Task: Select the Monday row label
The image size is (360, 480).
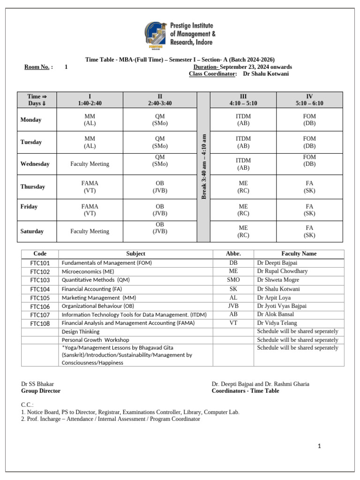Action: [31, 120]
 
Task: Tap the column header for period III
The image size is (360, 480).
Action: [243, 100]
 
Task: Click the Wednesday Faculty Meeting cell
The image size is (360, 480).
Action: [90, 164]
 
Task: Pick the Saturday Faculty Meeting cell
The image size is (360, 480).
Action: [90, 231]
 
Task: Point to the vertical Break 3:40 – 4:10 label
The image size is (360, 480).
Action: [203, 166]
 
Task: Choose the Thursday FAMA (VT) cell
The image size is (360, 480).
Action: [90, 187]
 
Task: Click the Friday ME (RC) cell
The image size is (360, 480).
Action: [243, 210]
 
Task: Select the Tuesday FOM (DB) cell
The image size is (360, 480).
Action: [309, 142]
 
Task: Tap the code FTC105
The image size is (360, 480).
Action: [40, 298]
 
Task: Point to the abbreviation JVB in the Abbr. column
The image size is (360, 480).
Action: [233, 306]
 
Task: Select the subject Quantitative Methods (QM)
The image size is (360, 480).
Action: [96, 280]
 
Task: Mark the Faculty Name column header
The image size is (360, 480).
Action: [299, 254]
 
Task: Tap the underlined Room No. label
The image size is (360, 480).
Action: [38, 67]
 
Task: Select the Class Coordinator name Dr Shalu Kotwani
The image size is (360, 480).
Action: [266, 74]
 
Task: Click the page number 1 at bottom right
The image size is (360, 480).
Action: [319, 446]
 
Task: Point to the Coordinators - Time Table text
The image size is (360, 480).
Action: [245, 390]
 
